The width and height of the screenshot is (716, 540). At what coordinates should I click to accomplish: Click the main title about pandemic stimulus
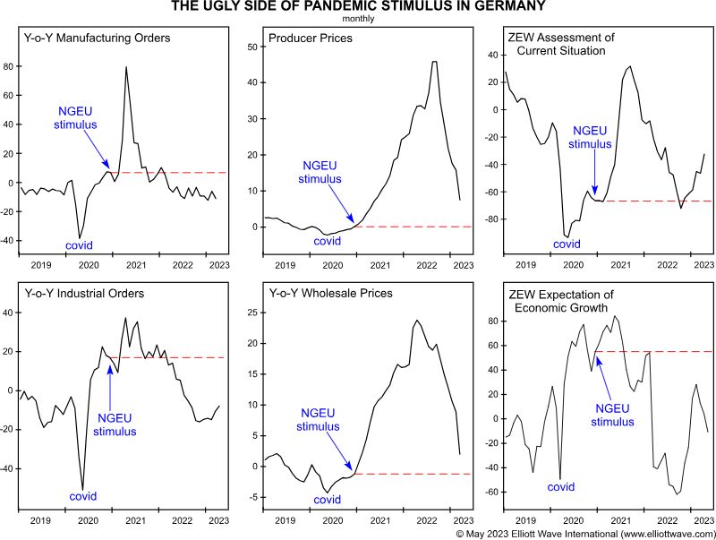(357, 8)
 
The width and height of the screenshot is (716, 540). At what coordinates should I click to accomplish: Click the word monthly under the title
(357, 19)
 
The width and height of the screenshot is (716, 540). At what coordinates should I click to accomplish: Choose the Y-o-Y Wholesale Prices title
(332, 293)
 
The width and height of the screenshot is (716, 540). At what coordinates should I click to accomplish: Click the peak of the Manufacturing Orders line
(125, 67)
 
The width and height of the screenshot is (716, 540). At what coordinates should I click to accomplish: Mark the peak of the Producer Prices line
(435, 62)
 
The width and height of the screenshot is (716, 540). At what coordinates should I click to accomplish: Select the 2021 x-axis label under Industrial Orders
(136, 519)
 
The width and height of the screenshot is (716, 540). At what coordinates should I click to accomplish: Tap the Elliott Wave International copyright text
(584, 533)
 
